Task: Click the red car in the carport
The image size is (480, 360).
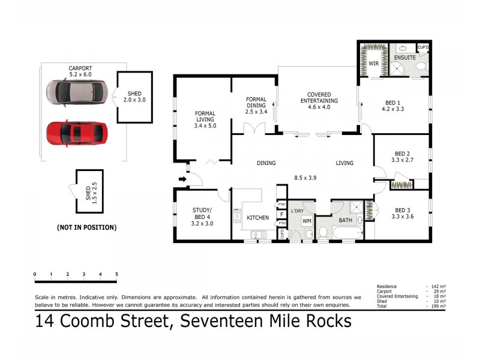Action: tap(77, 134)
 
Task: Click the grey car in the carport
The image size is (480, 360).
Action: tap(77, 93)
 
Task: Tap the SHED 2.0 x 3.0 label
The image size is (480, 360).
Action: tap(134, 97)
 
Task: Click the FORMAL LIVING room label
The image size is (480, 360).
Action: tap(205, 119)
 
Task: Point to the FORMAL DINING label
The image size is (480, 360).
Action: tap(256, 106)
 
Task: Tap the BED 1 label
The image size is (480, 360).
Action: tap(393, 106)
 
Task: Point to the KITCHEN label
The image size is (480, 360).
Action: tap(258, 217)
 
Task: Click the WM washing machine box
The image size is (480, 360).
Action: tap(307, 221)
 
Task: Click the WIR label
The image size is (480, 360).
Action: tap(373, 63)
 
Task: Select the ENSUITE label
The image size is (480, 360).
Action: tap(404, 58)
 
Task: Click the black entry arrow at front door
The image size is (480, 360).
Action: tap(182, 178)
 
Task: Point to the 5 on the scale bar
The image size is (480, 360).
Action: tap(116, 275)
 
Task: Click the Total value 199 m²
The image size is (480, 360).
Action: tap(437, 306)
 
